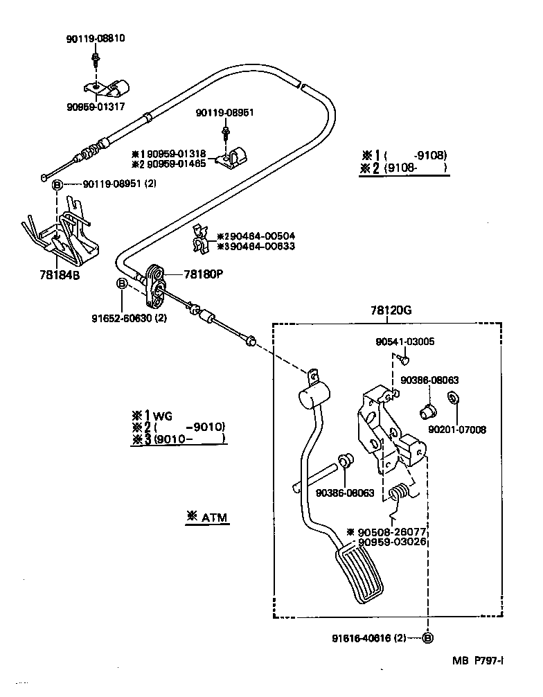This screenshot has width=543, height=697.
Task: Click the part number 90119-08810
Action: (96, 39)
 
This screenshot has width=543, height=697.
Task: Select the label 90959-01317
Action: (96, 107)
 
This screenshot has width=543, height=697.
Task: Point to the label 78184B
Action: (59, 274)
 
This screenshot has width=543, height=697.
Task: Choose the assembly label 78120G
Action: (391, 311)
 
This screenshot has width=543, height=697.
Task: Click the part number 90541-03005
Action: (405, 342)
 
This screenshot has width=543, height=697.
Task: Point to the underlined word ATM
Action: (215, 517)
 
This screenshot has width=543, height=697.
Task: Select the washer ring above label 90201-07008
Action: (453, 399)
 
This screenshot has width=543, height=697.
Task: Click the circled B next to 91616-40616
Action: (428, 638)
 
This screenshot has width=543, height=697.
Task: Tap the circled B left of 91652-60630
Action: (121, 283)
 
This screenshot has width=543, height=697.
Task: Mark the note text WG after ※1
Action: (162, 416)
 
